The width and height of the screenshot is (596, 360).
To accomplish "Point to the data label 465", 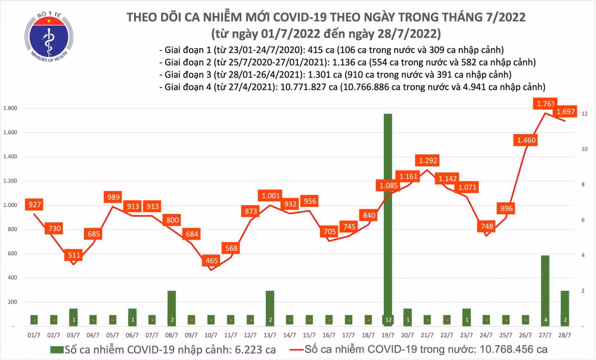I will (x=210, y=260).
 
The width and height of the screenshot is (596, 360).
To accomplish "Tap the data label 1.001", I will (x=269, y=195).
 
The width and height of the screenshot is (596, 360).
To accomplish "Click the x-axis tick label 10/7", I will (x=210, y=336).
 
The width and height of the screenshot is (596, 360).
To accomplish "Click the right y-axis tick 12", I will (x=585, y=114).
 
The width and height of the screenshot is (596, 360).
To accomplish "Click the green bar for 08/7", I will (x=171, y=308).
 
